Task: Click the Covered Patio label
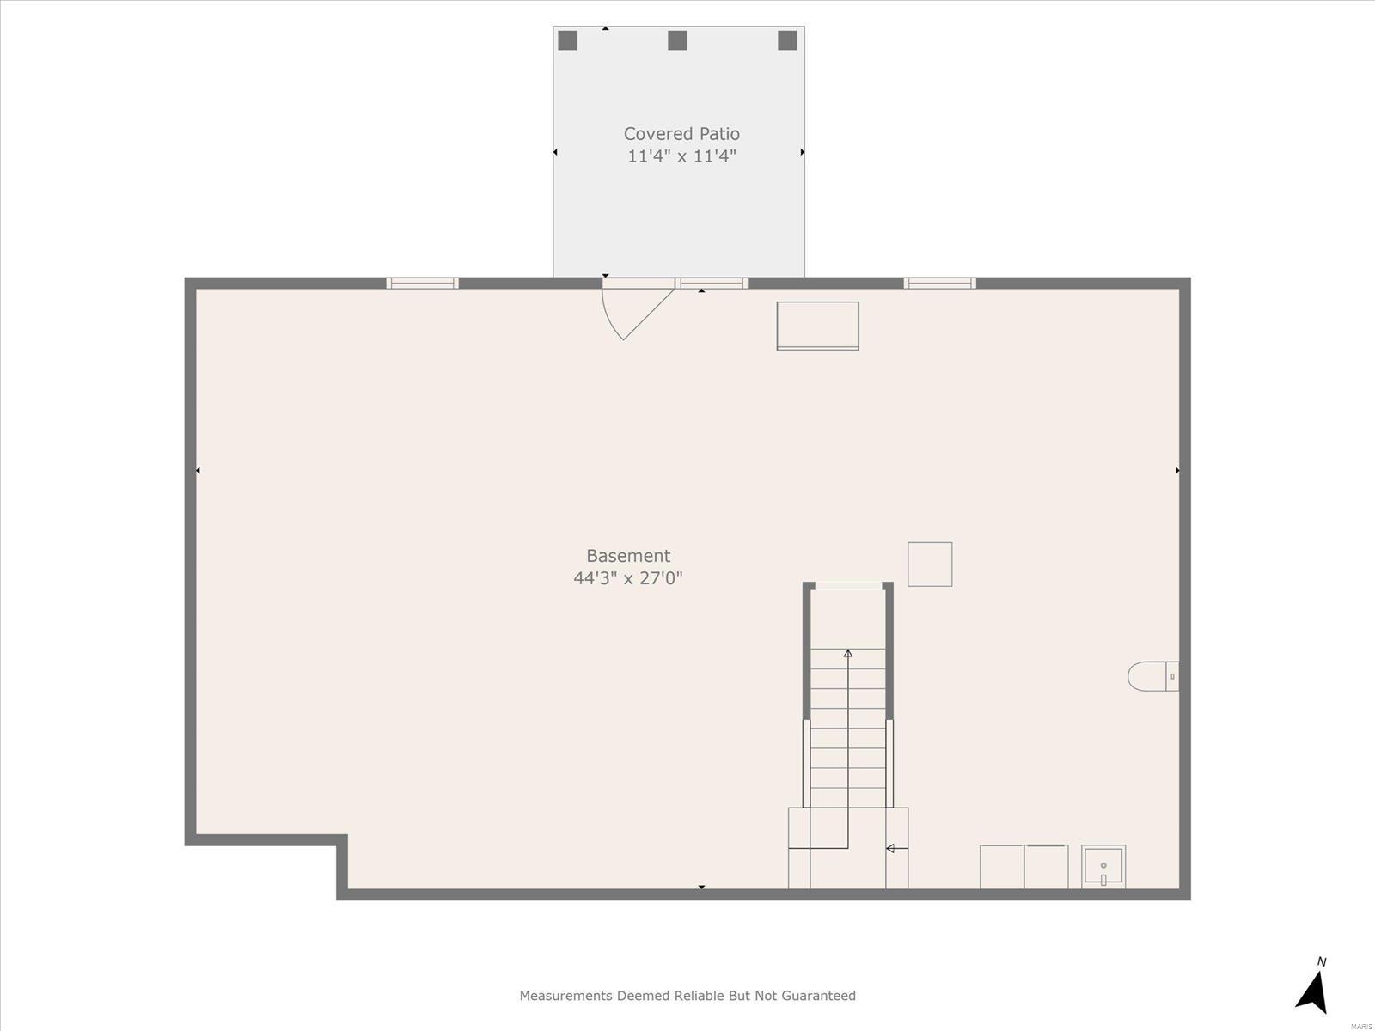(681, 134)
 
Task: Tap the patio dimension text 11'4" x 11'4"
(681, 156)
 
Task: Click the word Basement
(628, 556)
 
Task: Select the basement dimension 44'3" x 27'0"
(628, 577)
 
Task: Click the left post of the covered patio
(567, 40)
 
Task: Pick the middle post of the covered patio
(678, 40)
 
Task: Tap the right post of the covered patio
(787, 40)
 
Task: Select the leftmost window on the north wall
(422, 283)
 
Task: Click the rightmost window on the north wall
(939, 283)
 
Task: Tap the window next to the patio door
(712, 283)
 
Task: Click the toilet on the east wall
(1153, 676)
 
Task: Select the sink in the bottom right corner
(1103, 866)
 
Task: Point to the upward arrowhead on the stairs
(848, 654)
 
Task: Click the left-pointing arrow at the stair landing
(897, 848)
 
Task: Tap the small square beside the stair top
(930, 564)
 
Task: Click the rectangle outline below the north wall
(817, 326)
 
